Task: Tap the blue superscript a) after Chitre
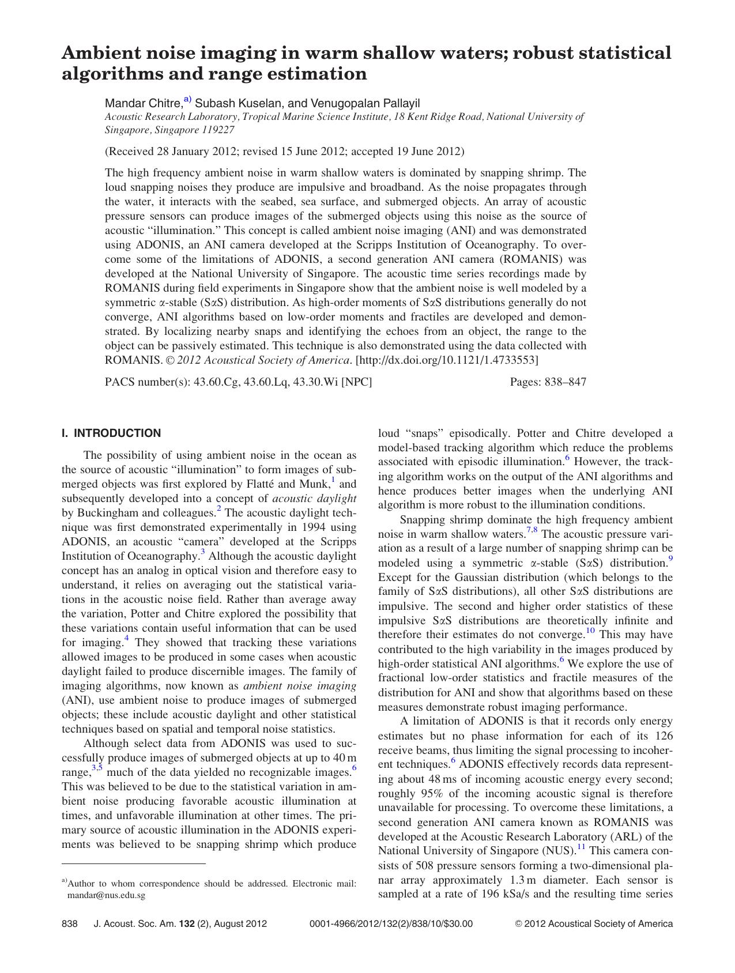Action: point(187,100)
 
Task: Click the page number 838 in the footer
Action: point(69,923)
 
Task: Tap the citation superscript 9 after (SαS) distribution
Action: point(670,559)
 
